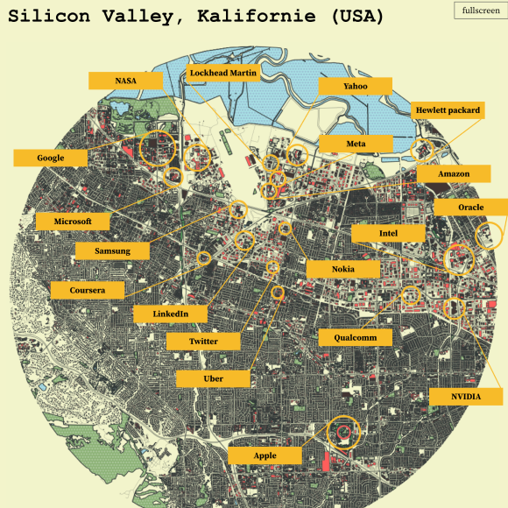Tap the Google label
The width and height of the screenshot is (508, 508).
tap(51, 158)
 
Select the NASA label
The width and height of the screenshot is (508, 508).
tap(125, 81)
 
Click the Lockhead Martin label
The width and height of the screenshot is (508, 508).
tap(223, 74)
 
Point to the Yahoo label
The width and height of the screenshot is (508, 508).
tap(356, 86)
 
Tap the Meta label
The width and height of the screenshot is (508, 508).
tap(356, 143)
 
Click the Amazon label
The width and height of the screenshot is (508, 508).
tap(454, 173)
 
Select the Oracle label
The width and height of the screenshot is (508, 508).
tap(470, 207)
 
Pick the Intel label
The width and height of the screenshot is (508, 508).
tap(388, 233)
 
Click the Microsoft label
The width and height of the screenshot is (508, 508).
tap(73, 221)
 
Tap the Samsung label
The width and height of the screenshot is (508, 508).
tap(113, 250)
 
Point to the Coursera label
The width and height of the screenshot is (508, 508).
tap(87, 290)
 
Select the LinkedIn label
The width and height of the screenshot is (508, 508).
tap(171, 314)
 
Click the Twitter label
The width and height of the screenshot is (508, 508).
tap(203, 341)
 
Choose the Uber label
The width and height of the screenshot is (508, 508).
tap(213, 377)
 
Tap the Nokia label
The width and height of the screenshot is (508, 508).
tap(342, 268)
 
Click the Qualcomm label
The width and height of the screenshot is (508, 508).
tap(355, 337)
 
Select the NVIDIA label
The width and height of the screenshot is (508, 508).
tap(465, 397)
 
